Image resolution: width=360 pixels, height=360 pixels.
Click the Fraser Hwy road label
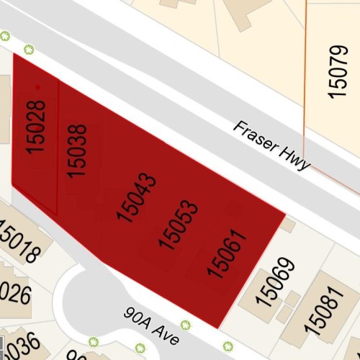click(271, 145)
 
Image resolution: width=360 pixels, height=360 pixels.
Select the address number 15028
click(36, 127)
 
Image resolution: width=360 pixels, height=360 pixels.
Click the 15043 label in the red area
click(135, 197)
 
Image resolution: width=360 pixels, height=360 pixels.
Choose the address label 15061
click(227, 253)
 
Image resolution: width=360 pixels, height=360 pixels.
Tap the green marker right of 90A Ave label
click(185, 325)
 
